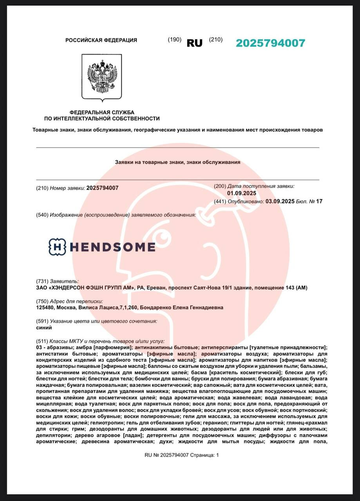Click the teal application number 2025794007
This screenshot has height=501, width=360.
270,43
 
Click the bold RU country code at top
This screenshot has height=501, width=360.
194,43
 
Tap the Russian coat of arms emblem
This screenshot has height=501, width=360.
101,77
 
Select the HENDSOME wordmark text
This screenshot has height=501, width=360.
112,247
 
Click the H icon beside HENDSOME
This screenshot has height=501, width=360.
57,247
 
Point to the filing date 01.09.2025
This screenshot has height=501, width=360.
241,193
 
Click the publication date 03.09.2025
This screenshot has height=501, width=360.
280,202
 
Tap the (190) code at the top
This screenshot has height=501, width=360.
174,40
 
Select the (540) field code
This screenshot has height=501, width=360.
42,215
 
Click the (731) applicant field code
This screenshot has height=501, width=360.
42,281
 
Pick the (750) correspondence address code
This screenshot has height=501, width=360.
42,301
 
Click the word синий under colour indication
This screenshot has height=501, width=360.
44,328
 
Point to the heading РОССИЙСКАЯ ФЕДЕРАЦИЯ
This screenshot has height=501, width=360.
101,40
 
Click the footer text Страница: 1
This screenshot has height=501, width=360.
205,455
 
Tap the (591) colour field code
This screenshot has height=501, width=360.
42,321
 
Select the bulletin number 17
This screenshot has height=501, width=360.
319,202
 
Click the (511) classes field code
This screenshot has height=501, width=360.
42,341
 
